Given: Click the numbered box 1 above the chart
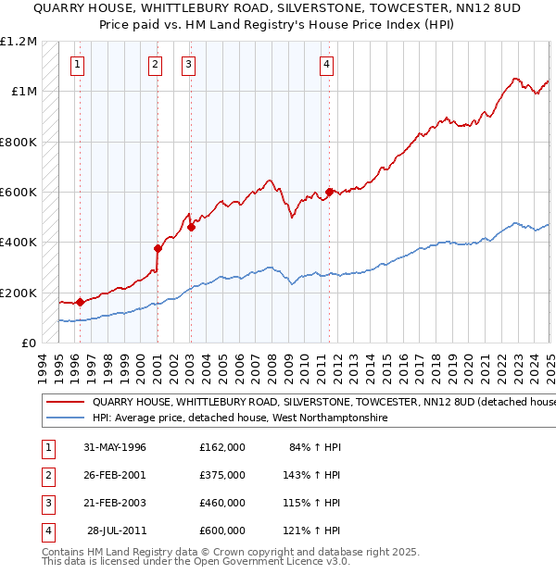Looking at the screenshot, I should pos(76,64).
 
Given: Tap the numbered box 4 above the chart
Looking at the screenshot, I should pos(327,64).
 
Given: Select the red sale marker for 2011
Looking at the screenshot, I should pos(330,193).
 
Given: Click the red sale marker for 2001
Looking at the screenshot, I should pos(158,248).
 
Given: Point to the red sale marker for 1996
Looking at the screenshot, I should pos(80,302).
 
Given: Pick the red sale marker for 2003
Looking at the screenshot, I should pos(191,227).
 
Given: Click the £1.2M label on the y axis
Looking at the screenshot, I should pos(19,42).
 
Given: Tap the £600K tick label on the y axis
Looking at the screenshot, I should pos(19,193).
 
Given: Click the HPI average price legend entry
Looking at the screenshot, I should pos(239,418).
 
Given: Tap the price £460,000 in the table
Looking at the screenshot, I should pos(221,503).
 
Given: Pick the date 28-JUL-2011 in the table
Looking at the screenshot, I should pos(114,530).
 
